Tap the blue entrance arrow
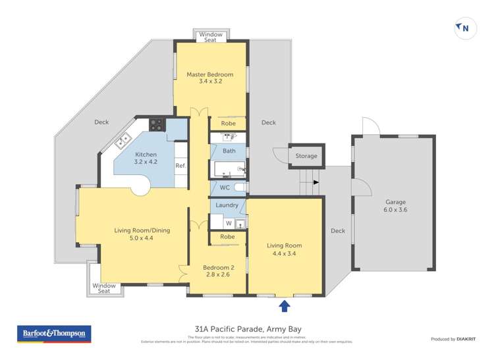point(285,305)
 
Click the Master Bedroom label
point(210,78)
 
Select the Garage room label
point(395,206)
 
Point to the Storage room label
point(306,156)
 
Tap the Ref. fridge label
point(180,166)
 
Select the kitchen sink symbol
point(123,140)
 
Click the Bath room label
point(229,151)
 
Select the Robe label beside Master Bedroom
point(228,123)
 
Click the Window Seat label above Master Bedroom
point(211,37)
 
